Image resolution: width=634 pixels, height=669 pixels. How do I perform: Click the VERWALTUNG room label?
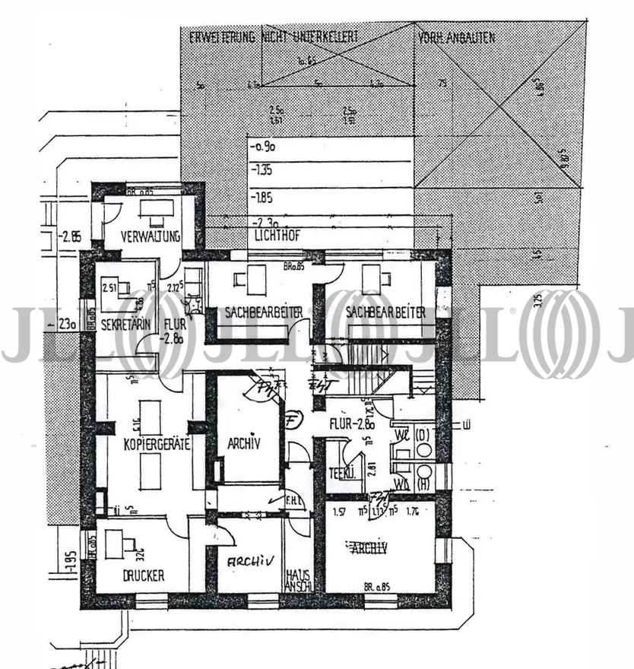tap(150, 236)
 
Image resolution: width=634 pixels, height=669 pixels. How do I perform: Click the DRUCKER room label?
tap(143, 576)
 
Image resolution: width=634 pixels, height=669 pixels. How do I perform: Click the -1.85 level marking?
tap(262, 197)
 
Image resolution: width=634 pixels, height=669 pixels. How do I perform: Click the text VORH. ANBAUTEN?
tap(455, 36)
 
